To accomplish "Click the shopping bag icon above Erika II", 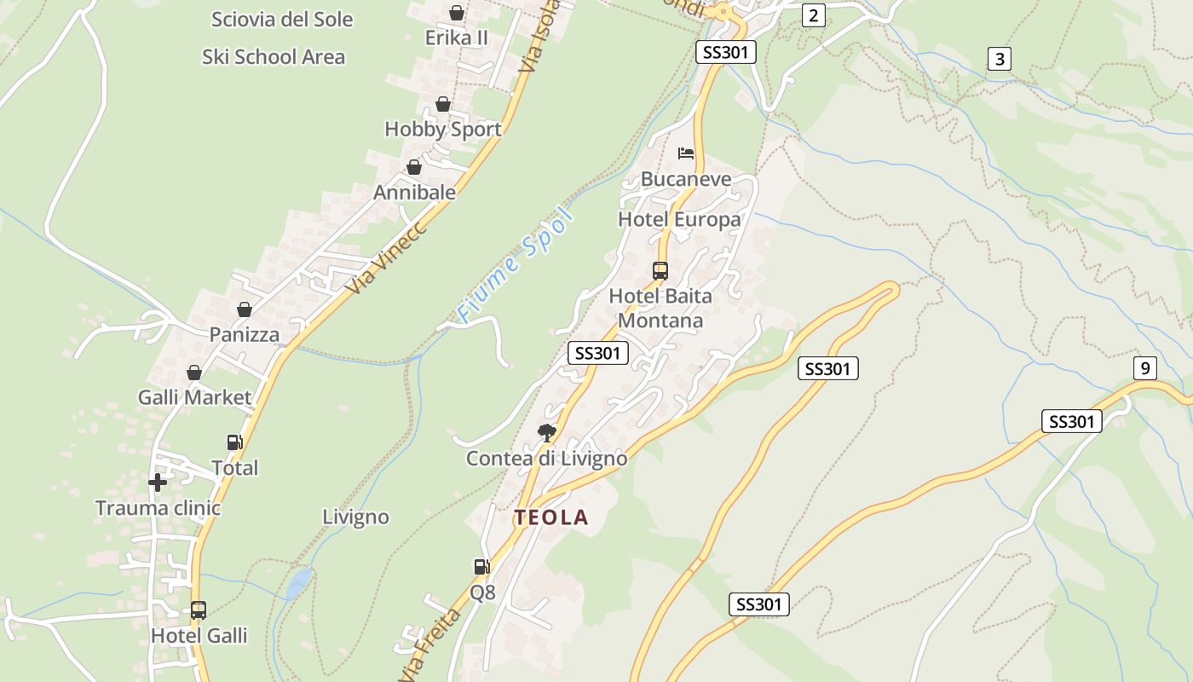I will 457,13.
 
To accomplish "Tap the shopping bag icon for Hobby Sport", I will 443,105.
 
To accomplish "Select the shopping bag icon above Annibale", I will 414,167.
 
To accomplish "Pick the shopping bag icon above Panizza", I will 245,309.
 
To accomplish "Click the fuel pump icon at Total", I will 234,442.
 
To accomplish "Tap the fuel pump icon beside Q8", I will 481,566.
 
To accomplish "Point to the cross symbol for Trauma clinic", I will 158,483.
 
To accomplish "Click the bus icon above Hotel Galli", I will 199,610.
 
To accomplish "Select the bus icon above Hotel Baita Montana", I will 660,271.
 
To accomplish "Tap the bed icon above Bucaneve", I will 686,153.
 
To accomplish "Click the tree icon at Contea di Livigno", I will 546,432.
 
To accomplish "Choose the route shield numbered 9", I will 1145,368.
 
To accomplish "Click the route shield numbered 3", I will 1000,59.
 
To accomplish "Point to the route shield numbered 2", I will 814,14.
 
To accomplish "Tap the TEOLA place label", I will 550,517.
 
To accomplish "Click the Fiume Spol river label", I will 514,265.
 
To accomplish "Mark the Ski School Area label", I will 274,57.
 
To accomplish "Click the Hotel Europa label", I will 679,220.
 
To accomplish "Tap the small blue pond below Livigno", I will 298,584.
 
